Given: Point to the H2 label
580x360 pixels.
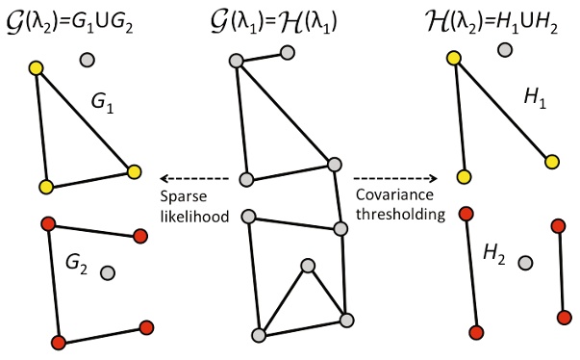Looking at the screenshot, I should pyautogui.click(x=493, y=253).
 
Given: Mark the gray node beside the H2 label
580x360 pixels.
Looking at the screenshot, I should pyautogui.click(x=524, y=262).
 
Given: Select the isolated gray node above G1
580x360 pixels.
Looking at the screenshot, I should pyautogui.click(x=88, y=60).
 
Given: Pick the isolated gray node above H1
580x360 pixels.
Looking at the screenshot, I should pyautogui.click(x=505, y=49).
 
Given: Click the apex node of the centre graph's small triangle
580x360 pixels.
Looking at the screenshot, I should pyautogui.click(x=307, y=265).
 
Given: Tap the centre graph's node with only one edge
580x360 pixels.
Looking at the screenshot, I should pyautogui.click(x=287, y=56).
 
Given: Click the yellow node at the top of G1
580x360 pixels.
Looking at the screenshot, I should pyautogui.click(x=37, y=69).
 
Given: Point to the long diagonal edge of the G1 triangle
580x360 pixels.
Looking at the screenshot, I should pyautogui.click(x=85, y=120).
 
